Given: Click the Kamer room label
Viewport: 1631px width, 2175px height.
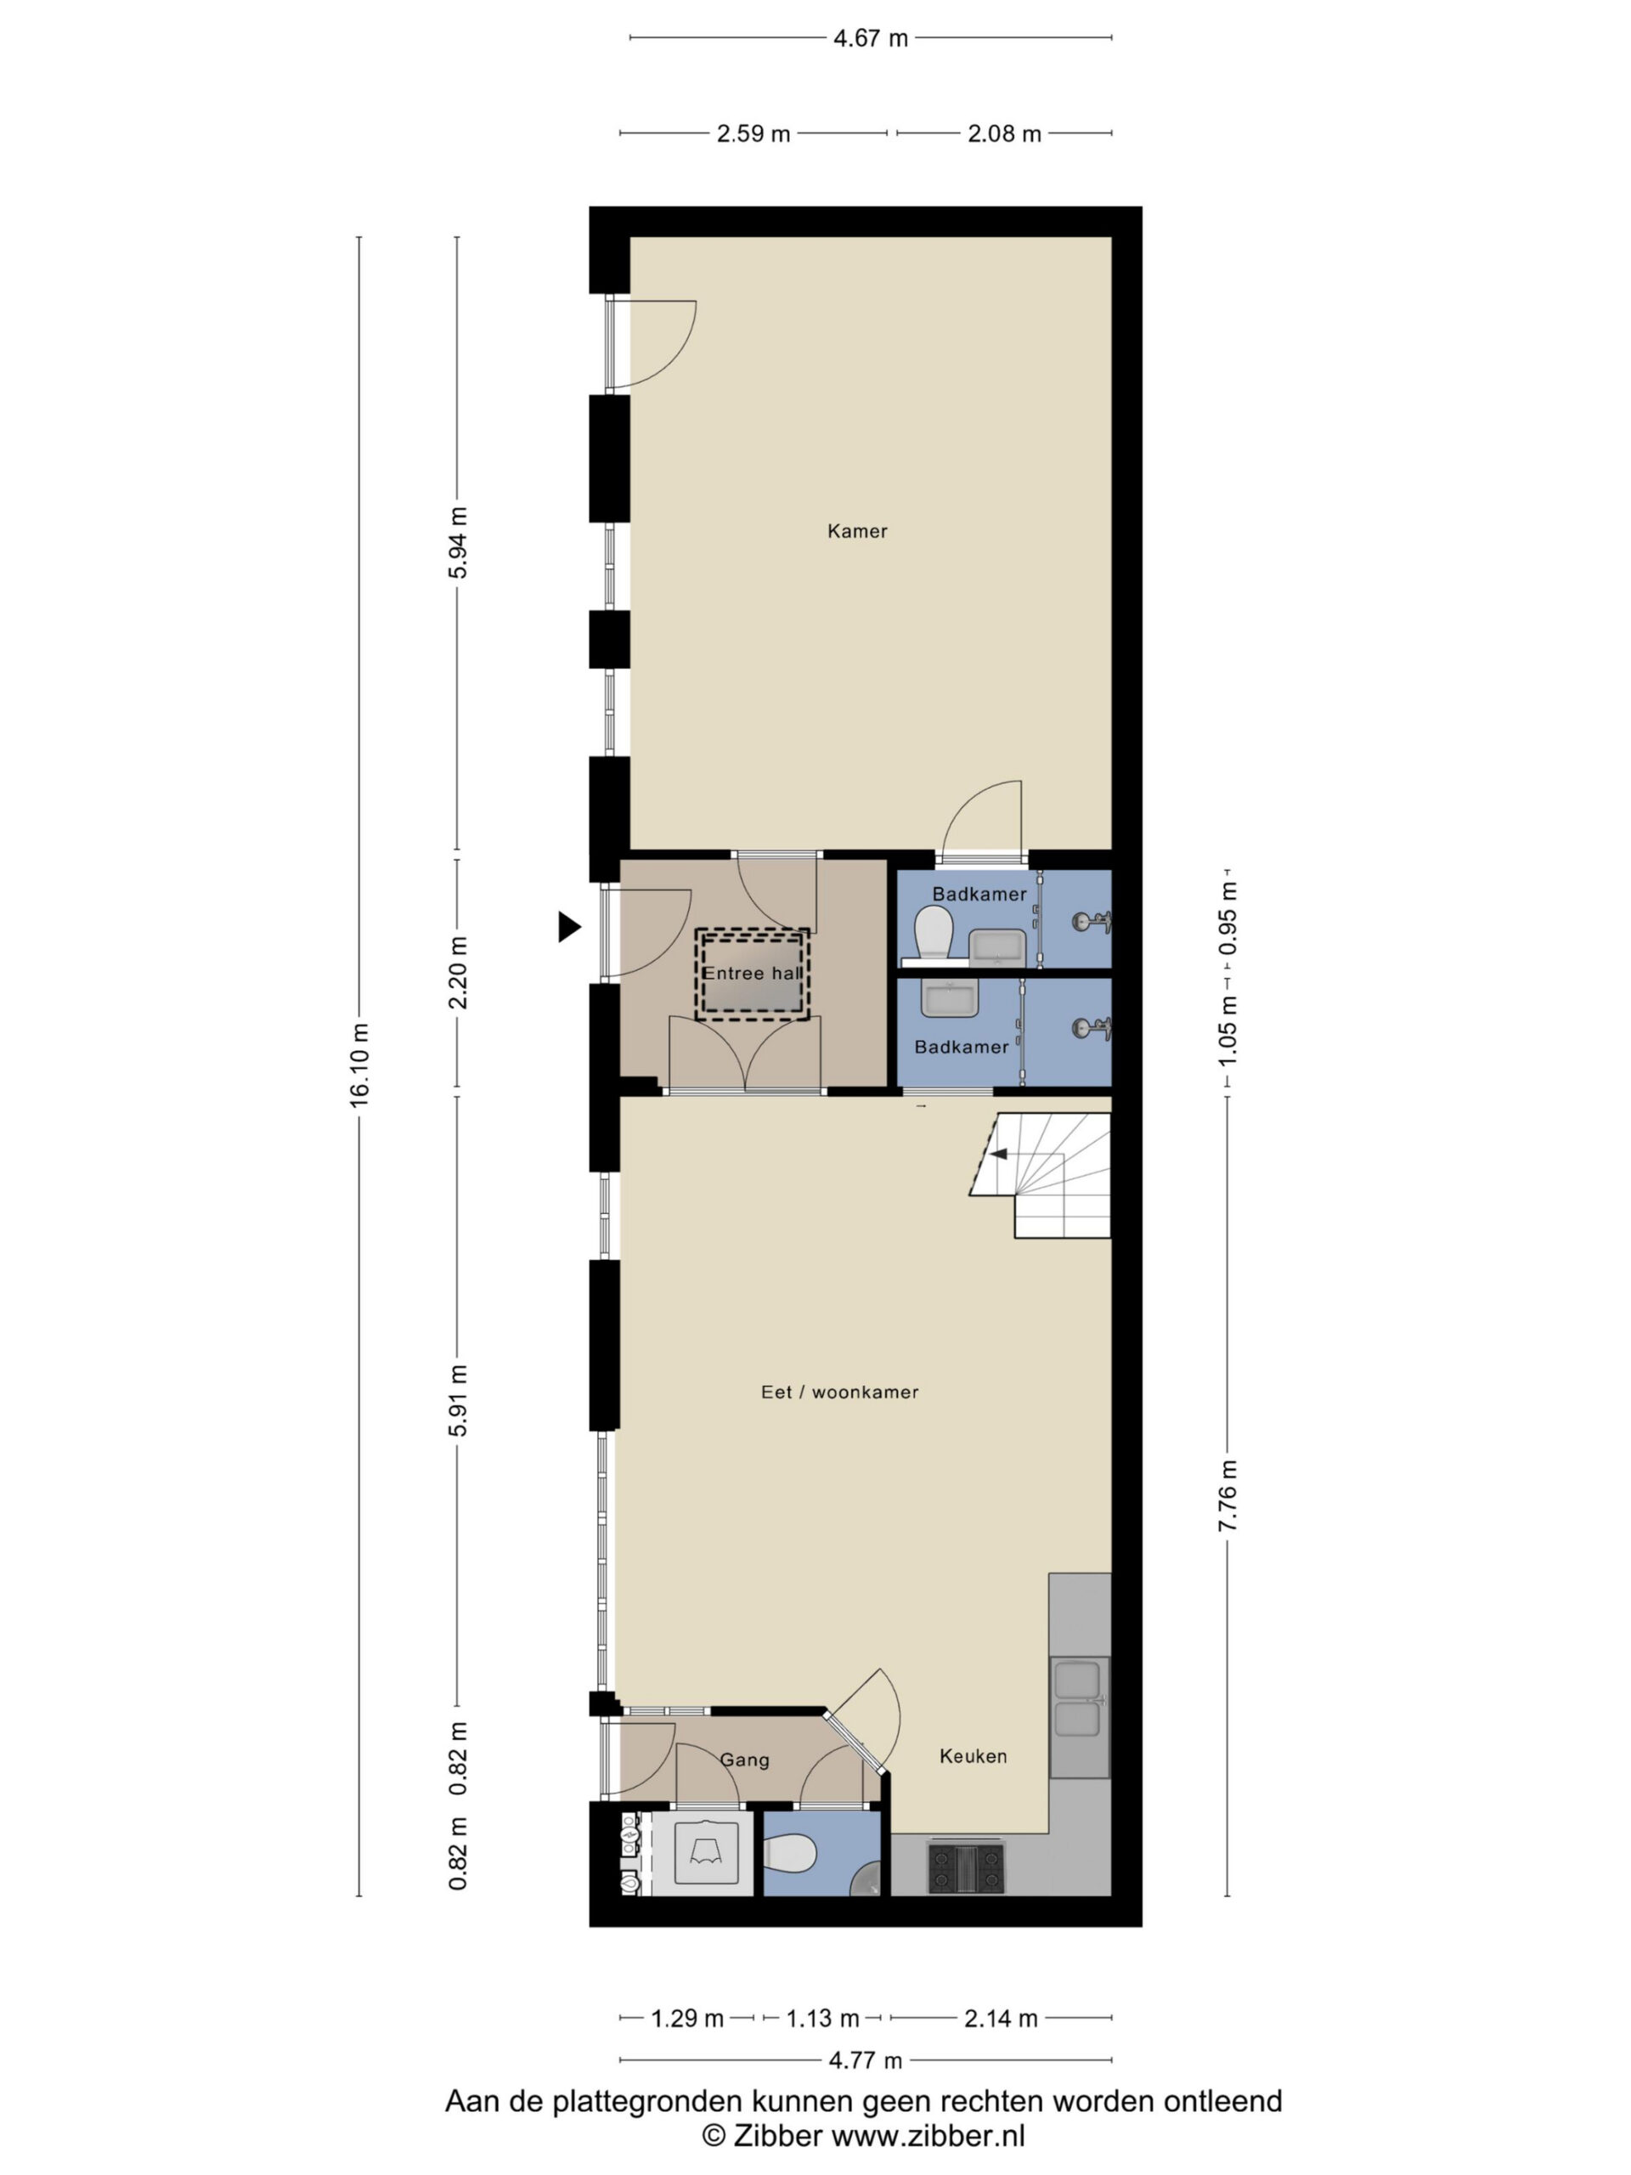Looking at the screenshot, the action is (x=857, y=531).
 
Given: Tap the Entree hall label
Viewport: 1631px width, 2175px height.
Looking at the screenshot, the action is (x=752, y=974).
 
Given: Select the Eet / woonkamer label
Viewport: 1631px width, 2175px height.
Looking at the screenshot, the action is (x=839, y=1392).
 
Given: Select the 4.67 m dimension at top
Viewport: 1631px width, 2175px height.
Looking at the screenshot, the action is (x=870, y=38).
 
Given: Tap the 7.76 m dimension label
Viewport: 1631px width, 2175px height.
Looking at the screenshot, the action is (x=1227, y=1495).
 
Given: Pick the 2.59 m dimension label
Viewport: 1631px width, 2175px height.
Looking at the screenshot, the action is (x=753, y=133).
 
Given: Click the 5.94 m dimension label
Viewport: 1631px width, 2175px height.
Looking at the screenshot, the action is (x=457, y=543).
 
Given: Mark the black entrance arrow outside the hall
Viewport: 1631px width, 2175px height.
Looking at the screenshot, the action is (x=569, y=926).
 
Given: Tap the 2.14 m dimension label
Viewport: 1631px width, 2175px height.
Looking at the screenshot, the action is (x=1000, y=2019).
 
